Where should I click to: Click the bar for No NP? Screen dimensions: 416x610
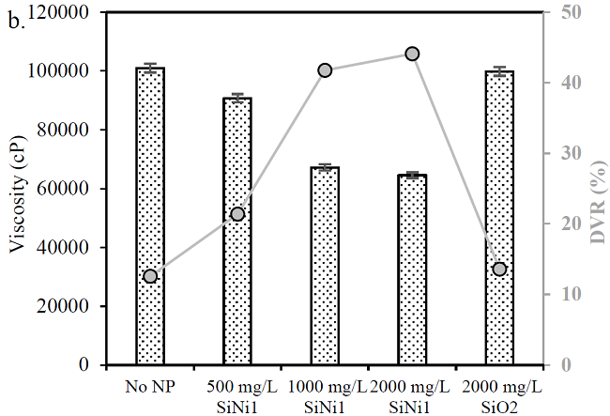pyautogui.click(x=150, y=216)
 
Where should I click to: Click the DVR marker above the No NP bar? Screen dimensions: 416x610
pyautogui.click(x=150, y=276)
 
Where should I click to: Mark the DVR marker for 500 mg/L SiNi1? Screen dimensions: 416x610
pyautogui.click(x=237, y=214)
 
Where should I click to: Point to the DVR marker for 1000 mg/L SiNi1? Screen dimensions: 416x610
pyautogui.click(x=325, y=70)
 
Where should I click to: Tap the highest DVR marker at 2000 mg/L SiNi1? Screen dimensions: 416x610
pyautogui.click(x=412, y=54)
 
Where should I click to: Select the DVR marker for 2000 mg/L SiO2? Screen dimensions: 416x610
pyautogui.click(x=499, y=270)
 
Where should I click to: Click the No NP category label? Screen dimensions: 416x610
pyautogui.click(x=150, y=385)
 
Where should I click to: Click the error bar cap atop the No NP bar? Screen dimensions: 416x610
pyautogui.click(x=150, y=64)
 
